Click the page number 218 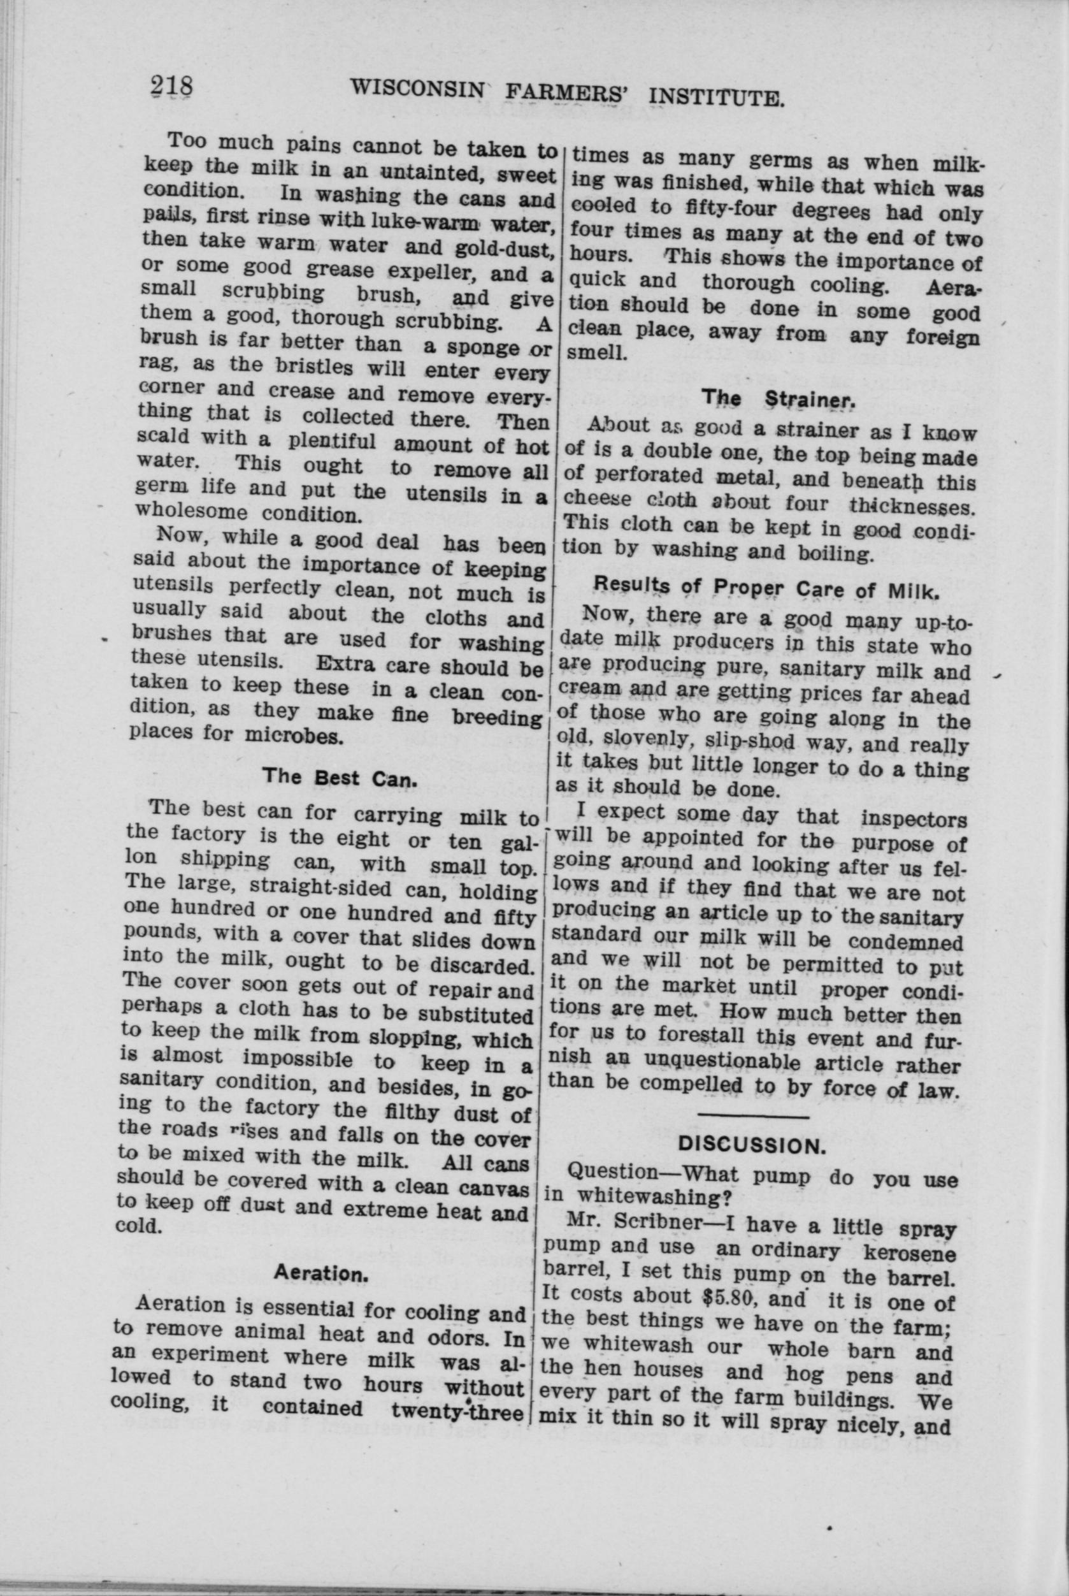[172, 87]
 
